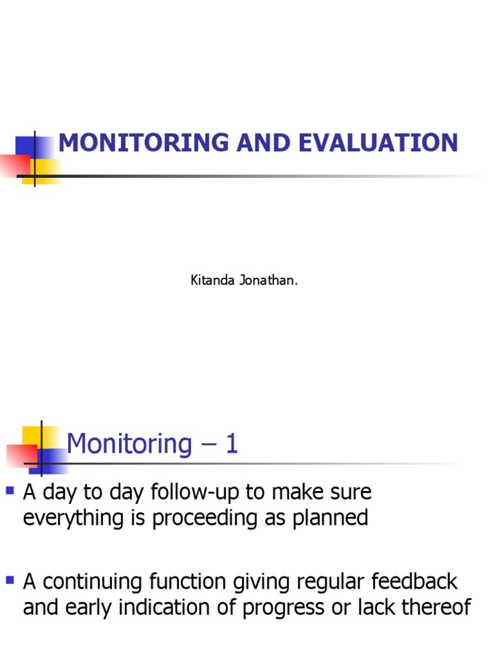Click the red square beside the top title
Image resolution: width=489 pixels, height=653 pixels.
click(14, 165)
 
